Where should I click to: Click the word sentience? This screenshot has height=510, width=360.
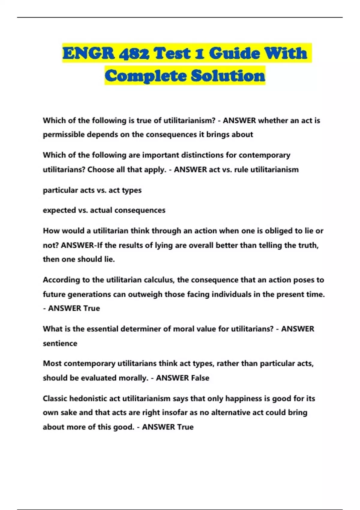(x=60, y=343)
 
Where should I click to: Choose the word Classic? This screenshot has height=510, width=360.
(x=55, y=398)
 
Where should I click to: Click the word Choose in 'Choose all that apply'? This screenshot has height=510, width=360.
(x=101, y=169)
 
